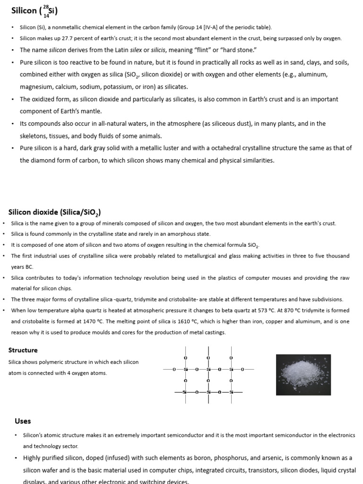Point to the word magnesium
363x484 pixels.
click(36, 86)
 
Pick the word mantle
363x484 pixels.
click(91, 111)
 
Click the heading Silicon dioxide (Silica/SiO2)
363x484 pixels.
click(54, 212)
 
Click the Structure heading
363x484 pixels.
click(23, 350)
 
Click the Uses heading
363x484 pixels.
click(23, 421)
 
